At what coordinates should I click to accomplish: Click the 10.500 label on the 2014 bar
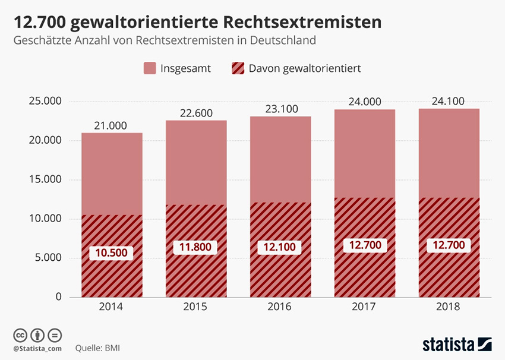[x=112, y=252]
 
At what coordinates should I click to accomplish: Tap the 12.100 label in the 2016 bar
[x=280, y=247]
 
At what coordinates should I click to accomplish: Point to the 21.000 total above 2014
[x=111, y=125]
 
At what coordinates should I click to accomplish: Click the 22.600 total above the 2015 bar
[x=195, y=113]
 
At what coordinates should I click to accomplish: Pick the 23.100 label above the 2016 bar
[x=280, y=109]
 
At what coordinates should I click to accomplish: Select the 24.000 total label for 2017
[x=364, y=102]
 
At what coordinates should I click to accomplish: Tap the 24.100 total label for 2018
[x=449, y=101]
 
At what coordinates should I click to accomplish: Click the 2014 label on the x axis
[x=111, y=307]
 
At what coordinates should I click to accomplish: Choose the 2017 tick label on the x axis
[x=364, y=307]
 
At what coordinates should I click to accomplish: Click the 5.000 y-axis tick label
[x=49, y=258]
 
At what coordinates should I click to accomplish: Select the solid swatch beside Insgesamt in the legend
[x=150, y=68]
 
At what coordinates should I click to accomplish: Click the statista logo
[x=457, y=344]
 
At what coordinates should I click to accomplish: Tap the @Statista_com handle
[x=37, y=347]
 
